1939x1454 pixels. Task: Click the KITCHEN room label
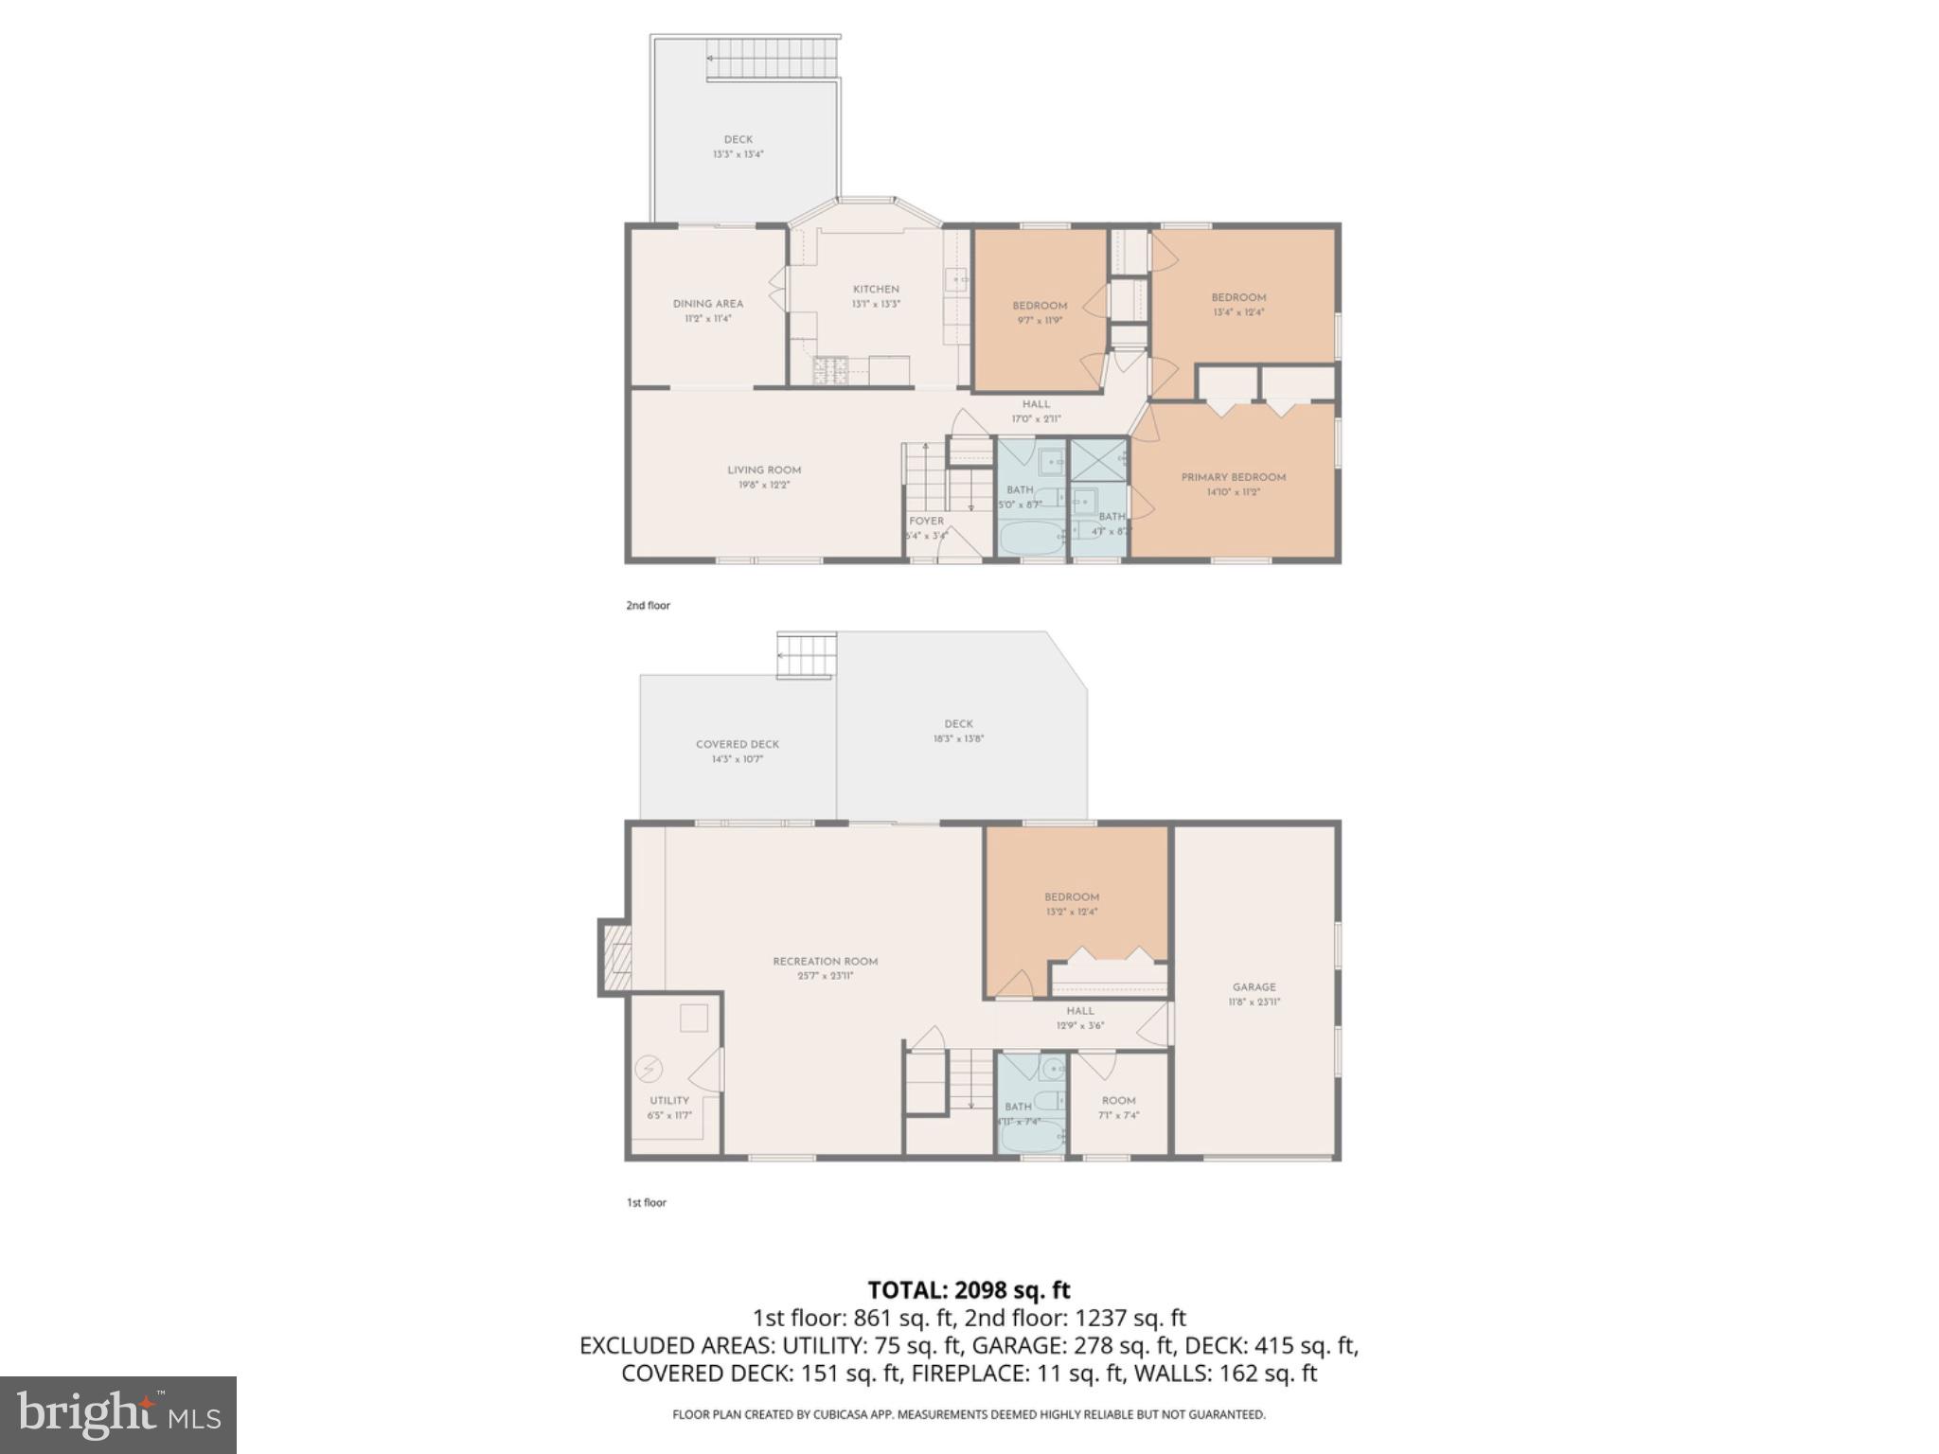click(876, 290)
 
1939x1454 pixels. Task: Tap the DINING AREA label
click(707, 304)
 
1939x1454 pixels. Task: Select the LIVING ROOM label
click(764, 470)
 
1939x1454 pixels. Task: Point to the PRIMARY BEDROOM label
click(1233, 478)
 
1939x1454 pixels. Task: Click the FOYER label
click(926, 522)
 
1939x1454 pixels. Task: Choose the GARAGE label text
click(1254, 987)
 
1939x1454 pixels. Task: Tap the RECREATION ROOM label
click(825, 962)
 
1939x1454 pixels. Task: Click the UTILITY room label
click(669, 1101)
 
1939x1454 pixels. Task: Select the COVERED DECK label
click(738, 745)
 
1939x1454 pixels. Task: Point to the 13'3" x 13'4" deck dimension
click(738, 154)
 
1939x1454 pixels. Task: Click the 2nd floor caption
click(648, 606)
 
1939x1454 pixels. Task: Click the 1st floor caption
click(647, 1203)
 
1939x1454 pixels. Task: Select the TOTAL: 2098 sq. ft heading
click(969, 1290)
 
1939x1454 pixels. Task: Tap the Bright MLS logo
click(118, 1414)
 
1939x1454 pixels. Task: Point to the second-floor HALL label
click(1036, 405)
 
